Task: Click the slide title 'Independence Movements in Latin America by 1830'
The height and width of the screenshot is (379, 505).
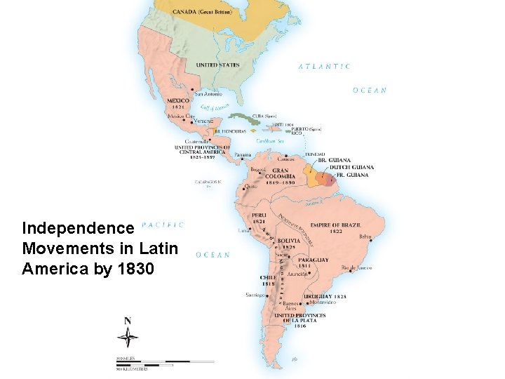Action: [100, 248]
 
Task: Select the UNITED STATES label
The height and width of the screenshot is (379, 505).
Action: [217, 65]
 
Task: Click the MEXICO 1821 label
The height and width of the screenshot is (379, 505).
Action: [178, 103]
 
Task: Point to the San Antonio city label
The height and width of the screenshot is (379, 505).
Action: [208, 94]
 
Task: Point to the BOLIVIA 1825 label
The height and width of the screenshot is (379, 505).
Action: [288, 244]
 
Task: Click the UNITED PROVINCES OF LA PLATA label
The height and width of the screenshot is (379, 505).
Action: [300, 321]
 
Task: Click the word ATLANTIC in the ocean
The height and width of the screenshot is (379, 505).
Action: [325, 67]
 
